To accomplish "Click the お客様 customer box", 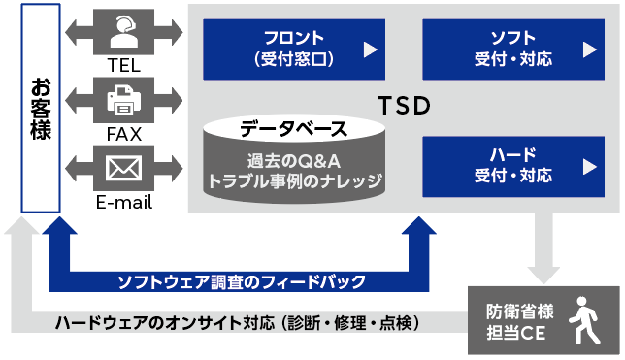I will (x=41, y=108).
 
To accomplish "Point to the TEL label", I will (x=124, y=65).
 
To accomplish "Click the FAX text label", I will (x=124, y=133).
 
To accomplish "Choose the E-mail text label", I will (x=124, y=203).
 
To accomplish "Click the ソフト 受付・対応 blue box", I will (x=512, y=49).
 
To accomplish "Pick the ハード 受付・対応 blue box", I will (x=512, y=166).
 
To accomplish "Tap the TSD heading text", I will (x=403, y=106).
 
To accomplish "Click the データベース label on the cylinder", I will (x=293, y=127).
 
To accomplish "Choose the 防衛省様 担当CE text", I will (x=519, y=322).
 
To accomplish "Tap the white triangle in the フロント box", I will (x=370, y=49).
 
